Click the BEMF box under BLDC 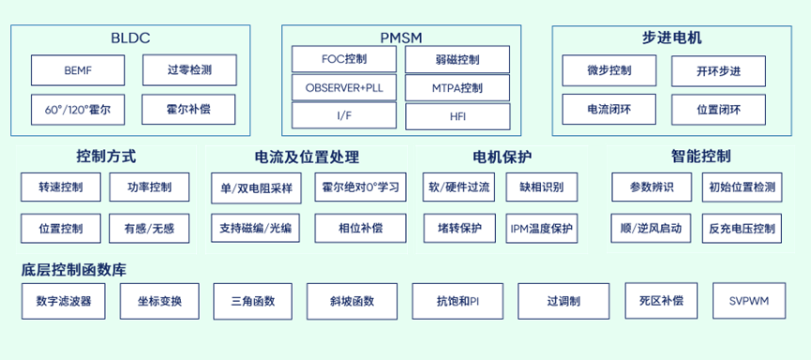click(77, 69)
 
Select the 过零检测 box click(189, 69)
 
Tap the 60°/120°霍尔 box click(77, 110)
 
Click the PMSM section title click(401, 37)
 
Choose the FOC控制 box click(344, 59)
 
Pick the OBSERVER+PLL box click(344, 88)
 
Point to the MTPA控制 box click(458, 88)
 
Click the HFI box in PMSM click(458, 117)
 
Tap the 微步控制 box click(609, 71)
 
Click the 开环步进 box click(718, 71)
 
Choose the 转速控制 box click(61, 187)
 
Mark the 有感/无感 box click(148, 228)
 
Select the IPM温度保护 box click(541, 228)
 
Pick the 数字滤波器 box click(64, 301)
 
